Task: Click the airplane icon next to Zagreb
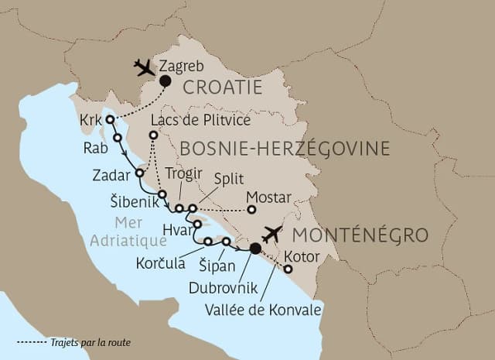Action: tap(145, 68)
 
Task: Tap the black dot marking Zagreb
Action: tap(165, 81)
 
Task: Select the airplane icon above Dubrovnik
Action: tap(273, 234)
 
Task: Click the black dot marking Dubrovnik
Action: tap(255, 249)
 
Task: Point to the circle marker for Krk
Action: tap(110, 119)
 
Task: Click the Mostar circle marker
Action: tap(251, 208)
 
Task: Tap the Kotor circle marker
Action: tap(288, 269)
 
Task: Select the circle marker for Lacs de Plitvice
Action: tap(153, 135)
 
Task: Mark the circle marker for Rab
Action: tap(118, 137)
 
